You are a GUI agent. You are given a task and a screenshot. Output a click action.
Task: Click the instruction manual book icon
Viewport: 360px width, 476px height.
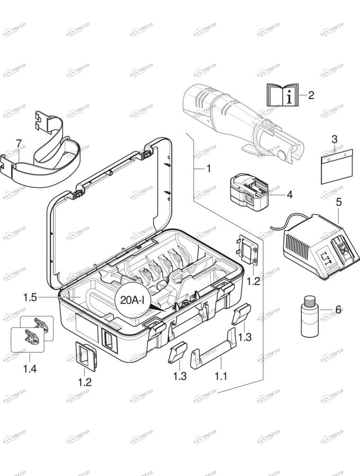pos(281,95)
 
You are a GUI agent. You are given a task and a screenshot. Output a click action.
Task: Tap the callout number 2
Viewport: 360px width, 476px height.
pos(311,95)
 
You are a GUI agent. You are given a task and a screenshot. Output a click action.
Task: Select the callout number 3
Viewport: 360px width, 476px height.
pos(334,139)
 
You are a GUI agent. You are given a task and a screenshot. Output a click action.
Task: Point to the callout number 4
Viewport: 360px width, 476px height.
pos(290,194)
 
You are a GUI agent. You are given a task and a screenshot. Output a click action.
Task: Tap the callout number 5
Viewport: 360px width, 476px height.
pos(339,202)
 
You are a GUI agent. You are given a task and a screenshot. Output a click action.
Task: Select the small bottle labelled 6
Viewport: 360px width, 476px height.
pos(309,317)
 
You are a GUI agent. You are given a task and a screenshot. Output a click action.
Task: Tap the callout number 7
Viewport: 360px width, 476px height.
pos(19,143)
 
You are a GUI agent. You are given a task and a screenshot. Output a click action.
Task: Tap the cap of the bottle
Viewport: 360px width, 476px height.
pos(309,301)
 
